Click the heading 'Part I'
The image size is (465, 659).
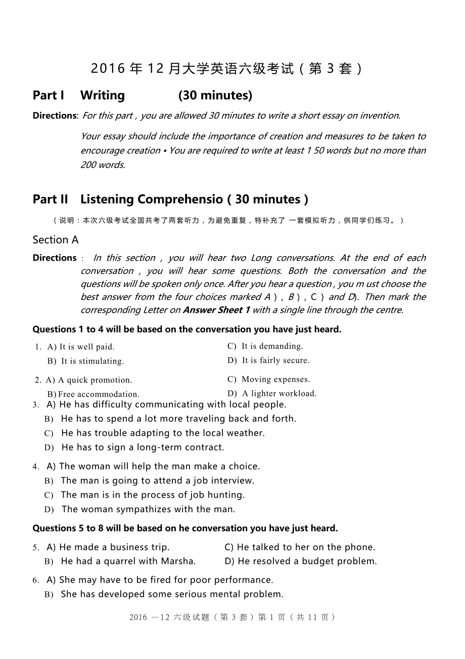(48, 95)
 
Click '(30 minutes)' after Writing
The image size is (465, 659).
(215, 95)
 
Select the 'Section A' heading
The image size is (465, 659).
(56, 240)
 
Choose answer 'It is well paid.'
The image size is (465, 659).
(86, 347)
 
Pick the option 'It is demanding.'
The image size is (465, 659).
(272, 346)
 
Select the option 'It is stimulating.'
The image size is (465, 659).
(92, 361)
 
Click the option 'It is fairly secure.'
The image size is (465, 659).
(275, 360)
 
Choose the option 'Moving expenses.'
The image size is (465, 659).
(275, 380)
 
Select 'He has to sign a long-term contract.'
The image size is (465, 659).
(143, 447)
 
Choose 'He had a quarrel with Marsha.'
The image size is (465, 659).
(128, 561)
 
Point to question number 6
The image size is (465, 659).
(36, 581)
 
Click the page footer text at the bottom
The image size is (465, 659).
(232, 617)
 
